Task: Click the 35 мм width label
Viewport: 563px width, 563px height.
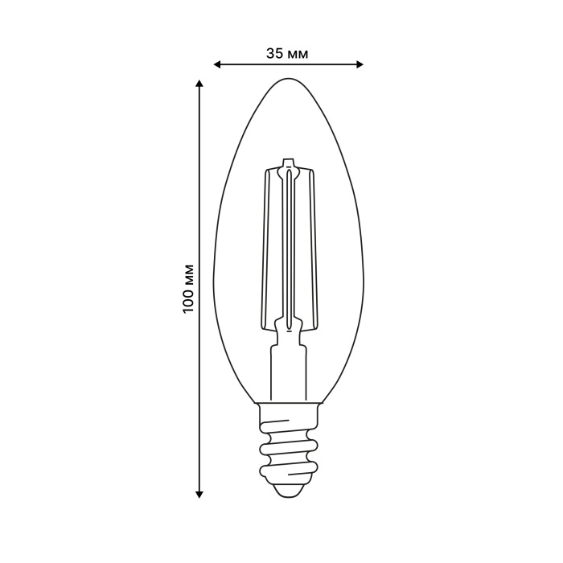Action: coord(287,53)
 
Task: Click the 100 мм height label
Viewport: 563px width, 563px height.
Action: coord(189,288)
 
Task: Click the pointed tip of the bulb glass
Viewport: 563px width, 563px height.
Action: coord(288,80)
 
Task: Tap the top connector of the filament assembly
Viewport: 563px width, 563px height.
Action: coord(288,169)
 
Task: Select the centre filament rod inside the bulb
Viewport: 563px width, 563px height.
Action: coord(288,249)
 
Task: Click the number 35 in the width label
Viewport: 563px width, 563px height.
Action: coord(274,53)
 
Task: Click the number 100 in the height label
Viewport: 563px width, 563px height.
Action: coord(189,298)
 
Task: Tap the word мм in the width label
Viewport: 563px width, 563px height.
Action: coord(298,53)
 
